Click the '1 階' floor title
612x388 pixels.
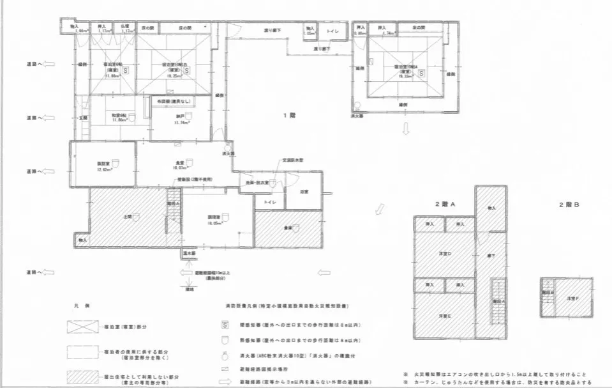[x=289, y=116]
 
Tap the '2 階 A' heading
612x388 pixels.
[x=444, y=204]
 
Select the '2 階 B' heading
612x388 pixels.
[x=567, y=204]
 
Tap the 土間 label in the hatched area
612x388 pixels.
[x=128, y=217]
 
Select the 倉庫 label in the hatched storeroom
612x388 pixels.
[x=287, y=228]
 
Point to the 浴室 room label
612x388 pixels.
[x=304, y=190]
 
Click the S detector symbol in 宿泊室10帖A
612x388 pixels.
[x=421, y=74]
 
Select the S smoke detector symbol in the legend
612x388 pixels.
[x=225, y=325]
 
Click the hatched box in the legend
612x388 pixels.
[x=83, y=375]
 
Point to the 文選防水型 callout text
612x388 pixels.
[x=292, y=160]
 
